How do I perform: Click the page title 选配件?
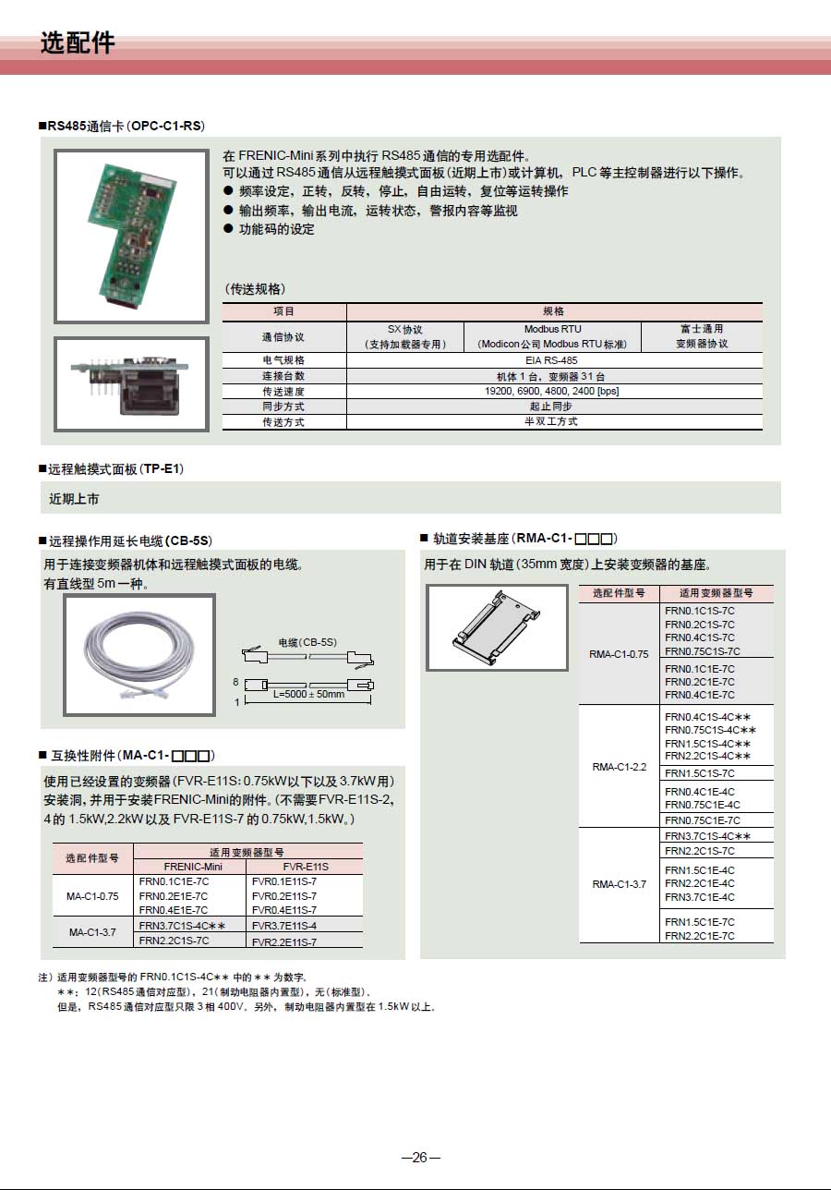coord(78,43)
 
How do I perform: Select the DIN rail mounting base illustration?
coord(497,627)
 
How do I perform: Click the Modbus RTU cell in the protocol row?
coord(552,335)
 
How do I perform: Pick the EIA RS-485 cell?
coord(554,360)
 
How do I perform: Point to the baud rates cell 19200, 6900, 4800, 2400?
coord(553,391)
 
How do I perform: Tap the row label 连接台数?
coord(283,376)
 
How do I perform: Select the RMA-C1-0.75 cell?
coord(619,654)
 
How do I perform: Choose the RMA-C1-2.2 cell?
coord(619,767)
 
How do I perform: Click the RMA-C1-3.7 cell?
coord(619,884)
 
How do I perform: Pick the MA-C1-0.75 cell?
coord(92,896)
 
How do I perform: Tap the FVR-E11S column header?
coord(304,867)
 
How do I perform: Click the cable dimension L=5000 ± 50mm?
coord(308,694)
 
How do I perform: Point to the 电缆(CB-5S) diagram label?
coord(307,641)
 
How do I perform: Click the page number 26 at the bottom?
coord(420,1158)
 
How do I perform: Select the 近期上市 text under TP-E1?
coord(74,499)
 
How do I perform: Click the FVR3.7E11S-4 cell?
coord(284,925)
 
